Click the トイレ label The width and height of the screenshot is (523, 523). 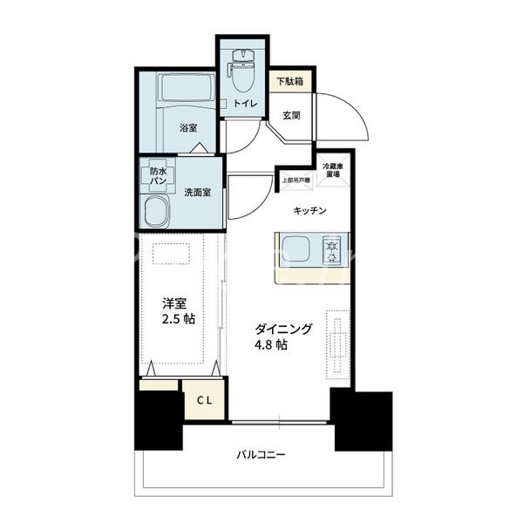(241, 105)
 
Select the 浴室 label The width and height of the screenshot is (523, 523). (188, 128)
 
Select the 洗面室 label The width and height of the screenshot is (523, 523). (197, 193)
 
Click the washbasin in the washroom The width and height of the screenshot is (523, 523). (159, 212)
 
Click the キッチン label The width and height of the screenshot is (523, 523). (309, 210)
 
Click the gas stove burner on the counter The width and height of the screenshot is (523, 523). (334, 251)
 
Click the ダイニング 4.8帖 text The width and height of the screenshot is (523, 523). (272, 336)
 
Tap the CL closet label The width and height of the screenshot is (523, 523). (206, 400)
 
